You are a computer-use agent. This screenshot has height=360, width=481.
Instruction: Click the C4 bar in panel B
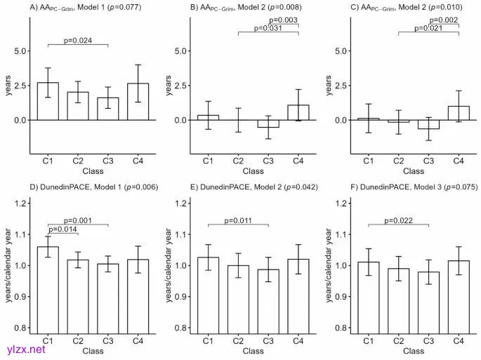click(x=298, y=112)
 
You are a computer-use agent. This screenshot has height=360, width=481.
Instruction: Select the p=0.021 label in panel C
click(x=428, y=29)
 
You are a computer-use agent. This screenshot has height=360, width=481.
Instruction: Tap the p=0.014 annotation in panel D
click(x=63, y=229)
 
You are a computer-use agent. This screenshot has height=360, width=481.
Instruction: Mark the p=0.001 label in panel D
click(x=78, y=220)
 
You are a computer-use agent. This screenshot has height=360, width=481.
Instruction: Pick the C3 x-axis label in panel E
click(x=268, y=340)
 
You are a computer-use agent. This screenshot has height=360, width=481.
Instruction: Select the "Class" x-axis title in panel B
click(x=253, y=171)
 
